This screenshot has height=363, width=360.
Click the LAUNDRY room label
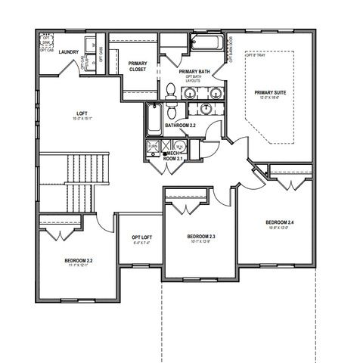click(70, 52)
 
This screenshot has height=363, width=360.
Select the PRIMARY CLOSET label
click(138, 66)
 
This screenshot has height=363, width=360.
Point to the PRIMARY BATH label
click(194, 71)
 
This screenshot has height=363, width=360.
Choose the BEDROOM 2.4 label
click(280, 222)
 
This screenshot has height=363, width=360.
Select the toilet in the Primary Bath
click(170, 91)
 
